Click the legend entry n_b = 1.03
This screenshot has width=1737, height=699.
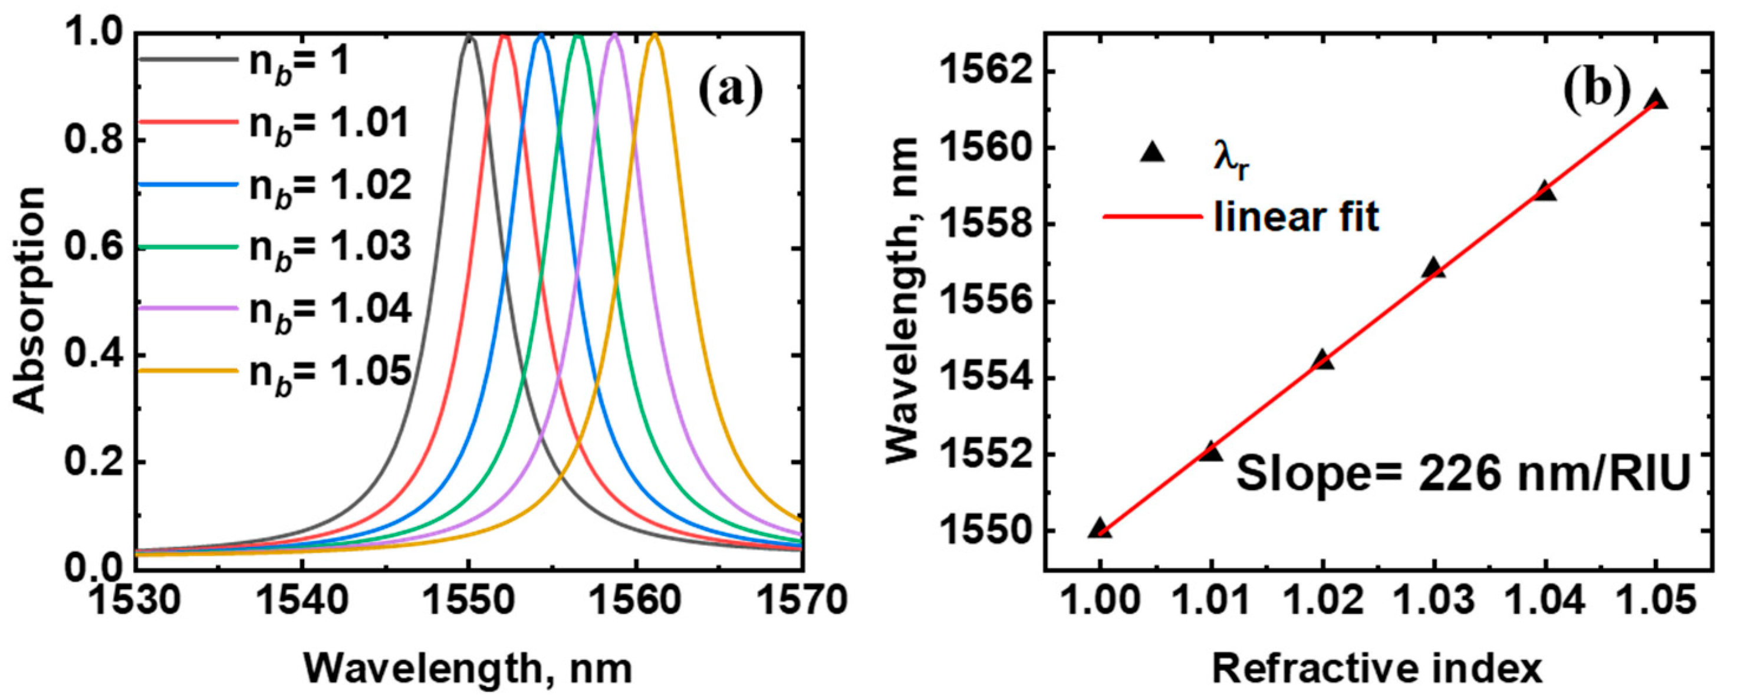pos(330,248)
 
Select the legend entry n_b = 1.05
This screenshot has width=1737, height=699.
pos(330,371)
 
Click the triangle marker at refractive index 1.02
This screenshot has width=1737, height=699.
pos(1324,360)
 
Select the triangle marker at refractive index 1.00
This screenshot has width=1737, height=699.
pos(1100,529)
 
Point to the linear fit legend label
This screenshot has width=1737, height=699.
pos(1295,217)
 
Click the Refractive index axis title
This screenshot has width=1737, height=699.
pos(1377,670)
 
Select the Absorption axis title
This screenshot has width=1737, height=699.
pos(30,300)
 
